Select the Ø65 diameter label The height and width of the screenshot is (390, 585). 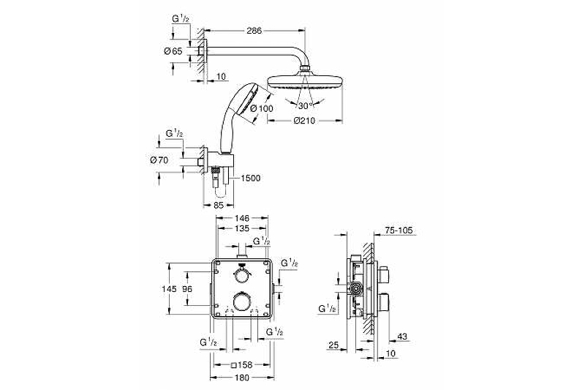[173, 50]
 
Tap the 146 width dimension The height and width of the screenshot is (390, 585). [242, 217]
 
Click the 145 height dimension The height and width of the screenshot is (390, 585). [170, 288]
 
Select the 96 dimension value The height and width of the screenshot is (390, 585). [187, 288]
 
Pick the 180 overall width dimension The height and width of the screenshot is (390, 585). [242, 378]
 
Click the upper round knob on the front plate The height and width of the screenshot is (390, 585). [241, 274]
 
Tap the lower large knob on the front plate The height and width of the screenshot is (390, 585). [241, 301]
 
